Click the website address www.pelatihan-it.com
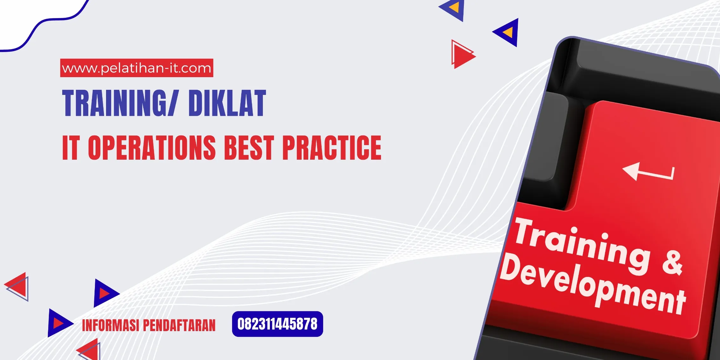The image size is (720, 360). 137,68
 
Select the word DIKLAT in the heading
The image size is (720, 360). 227,103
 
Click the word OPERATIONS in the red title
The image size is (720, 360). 152,147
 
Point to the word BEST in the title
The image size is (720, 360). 249,147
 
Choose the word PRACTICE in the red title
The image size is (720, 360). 332,147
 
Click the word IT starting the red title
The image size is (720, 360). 70,147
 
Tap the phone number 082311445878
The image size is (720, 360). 277,324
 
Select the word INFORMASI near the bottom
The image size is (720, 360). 110,325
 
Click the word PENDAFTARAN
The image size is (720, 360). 179,325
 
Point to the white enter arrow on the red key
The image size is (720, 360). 648,172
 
